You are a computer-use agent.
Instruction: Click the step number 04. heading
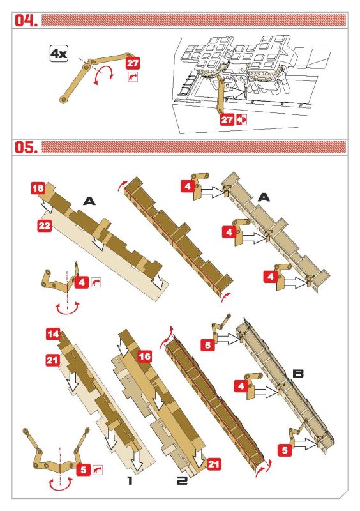pos(26,20)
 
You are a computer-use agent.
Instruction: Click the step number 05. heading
pos(26,148)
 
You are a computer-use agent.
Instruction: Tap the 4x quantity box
pos(59,54)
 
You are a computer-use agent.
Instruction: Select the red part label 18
pos(38,188)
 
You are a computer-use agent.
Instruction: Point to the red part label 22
pos(45,225)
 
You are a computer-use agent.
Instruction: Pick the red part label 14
pos(53,334)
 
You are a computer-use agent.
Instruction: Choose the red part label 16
pos(144,356)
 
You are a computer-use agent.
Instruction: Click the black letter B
pos(298,374)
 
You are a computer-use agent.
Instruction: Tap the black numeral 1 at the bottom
pos(130,480)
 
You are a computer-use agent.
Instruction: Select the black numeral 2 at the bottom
pos(182,480)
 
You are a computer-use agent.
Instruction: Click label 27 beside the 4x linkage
pos(133,63)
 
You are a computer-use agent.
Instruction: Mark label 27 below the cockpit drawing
pos(227,119)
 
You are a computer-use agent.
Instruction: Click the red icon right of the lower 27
pos(241,119)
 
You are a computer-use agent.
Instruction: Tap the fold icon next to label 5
pos(98,469)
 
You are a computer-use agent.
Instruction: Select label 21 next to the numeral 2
pos(213,464)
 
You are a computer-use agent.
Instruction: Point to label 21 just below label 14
pos(52,360)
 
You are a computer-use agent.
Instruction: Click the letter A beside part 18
pos(89,201)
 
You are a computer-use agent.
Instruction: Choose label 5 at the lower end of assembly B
pos(285,450)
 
